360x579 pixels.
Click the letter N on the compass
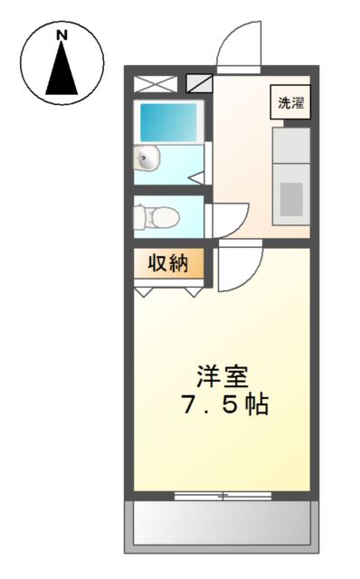62,35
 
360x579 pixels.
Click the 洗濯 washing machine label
290,102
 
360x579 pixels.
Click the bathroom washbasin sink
147,161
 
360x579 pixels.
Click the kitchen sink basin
290,198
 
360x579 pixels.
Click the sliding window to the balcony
221,495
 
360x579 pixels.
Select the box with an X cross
156,85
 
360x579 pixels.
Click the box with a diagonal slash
198,85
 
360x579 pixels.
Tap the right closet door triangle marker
193,292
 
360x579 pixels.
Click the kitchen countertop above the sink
290,147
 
